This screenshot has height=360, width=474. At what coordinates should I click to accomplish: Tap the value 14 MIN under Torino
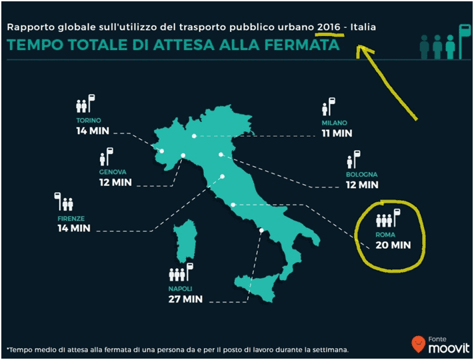(x=93, y=131)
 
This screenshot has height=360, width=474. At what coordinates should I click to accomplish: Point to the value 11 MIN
(x=337, y=133)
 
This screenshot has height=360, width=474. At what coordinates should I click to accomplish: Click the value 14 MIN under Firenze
(x=74, y=228)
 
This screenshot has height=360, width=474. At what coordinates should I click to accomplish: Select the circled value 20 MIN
(x=393, y=245)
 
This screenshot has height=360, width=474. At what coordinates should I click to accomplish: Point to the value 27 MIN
(x=185, y=299)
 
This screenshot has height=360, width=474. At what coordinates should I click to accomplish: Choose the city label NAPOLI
(x=181, y=289)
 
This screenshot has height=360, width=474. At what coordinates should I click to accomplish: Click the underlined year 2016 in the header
(x=329, y=27)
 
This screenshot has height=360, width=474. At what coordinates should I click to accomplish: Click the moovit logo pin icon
(x=418, y=343)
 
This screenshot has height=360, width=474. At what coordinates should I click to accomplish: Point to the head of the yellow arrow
(x=359, y=47)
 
